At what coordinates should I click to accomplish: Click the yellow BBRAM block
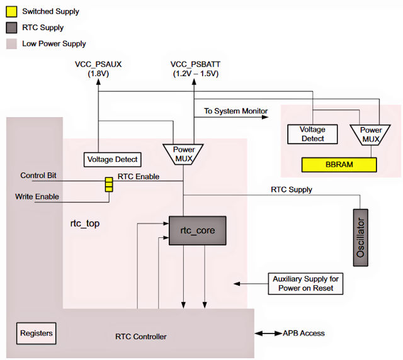[339, 166]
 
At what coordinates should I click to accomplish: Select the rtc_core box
[196, 230]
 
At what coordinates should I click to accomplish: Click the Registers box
[37, 332]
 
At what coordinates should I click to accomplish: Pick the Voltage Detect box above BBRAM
[313, 133]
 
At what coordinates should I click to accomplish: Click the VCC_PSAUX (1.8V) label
[98, 69]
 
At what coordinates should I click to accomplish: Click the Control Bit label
[38, 176]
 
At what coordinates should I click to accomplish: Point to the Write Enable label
[37, 196]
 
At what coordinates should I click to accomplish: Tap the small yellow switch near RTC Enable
[108, 184]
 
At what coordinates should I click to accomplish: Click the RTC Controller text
[142, 337]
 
